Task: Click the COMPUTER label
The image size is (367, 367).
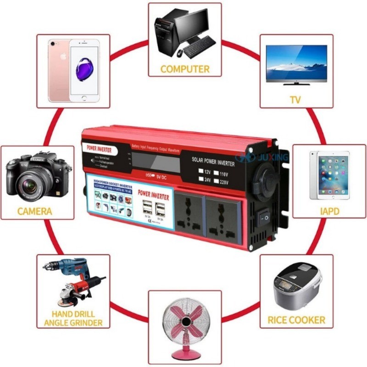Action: click(x=185, y=69)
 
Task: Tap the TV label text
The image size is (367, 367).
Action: click(x=295, y=100)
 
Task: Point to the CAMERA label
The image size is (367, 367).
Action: click(x=35, y=211)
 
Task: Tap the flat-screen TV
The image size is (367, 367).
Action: click(x=296, y=64)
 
